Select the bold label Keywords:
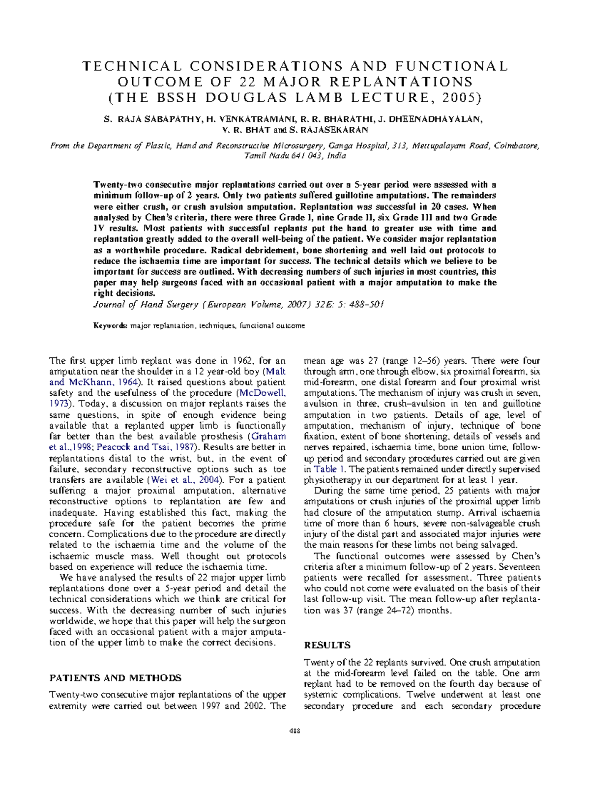click(111, 325)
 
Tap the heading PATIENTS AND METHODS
click(116, 678)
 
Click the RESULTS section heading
click(327, 645)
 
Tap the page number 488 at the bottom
click(295, 731)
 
